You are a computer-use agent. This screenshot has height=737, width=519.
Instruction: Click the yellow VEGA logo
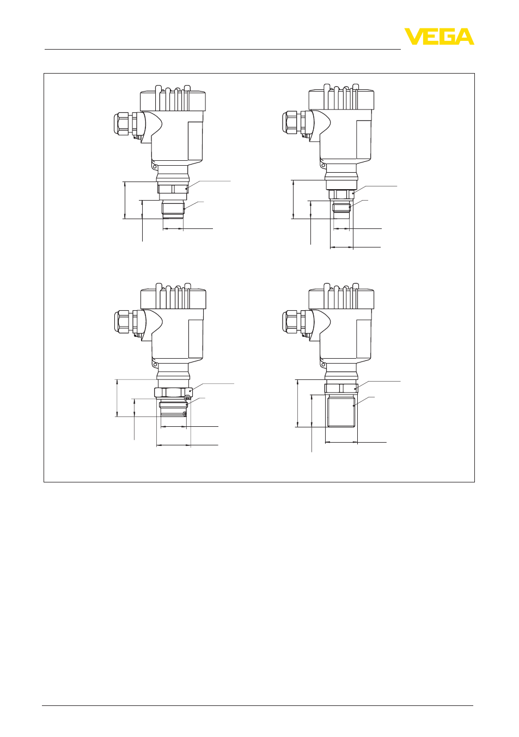coord(439,37)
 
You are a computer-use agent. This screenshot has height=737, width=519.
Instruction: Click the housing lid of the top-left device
coord(173,99)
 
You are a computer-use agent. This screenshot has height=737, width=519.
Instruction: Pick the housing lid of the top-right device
coord(341,98)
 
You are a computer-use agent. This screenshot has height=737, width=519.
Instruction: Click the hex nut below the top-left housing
coord(173,189)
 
